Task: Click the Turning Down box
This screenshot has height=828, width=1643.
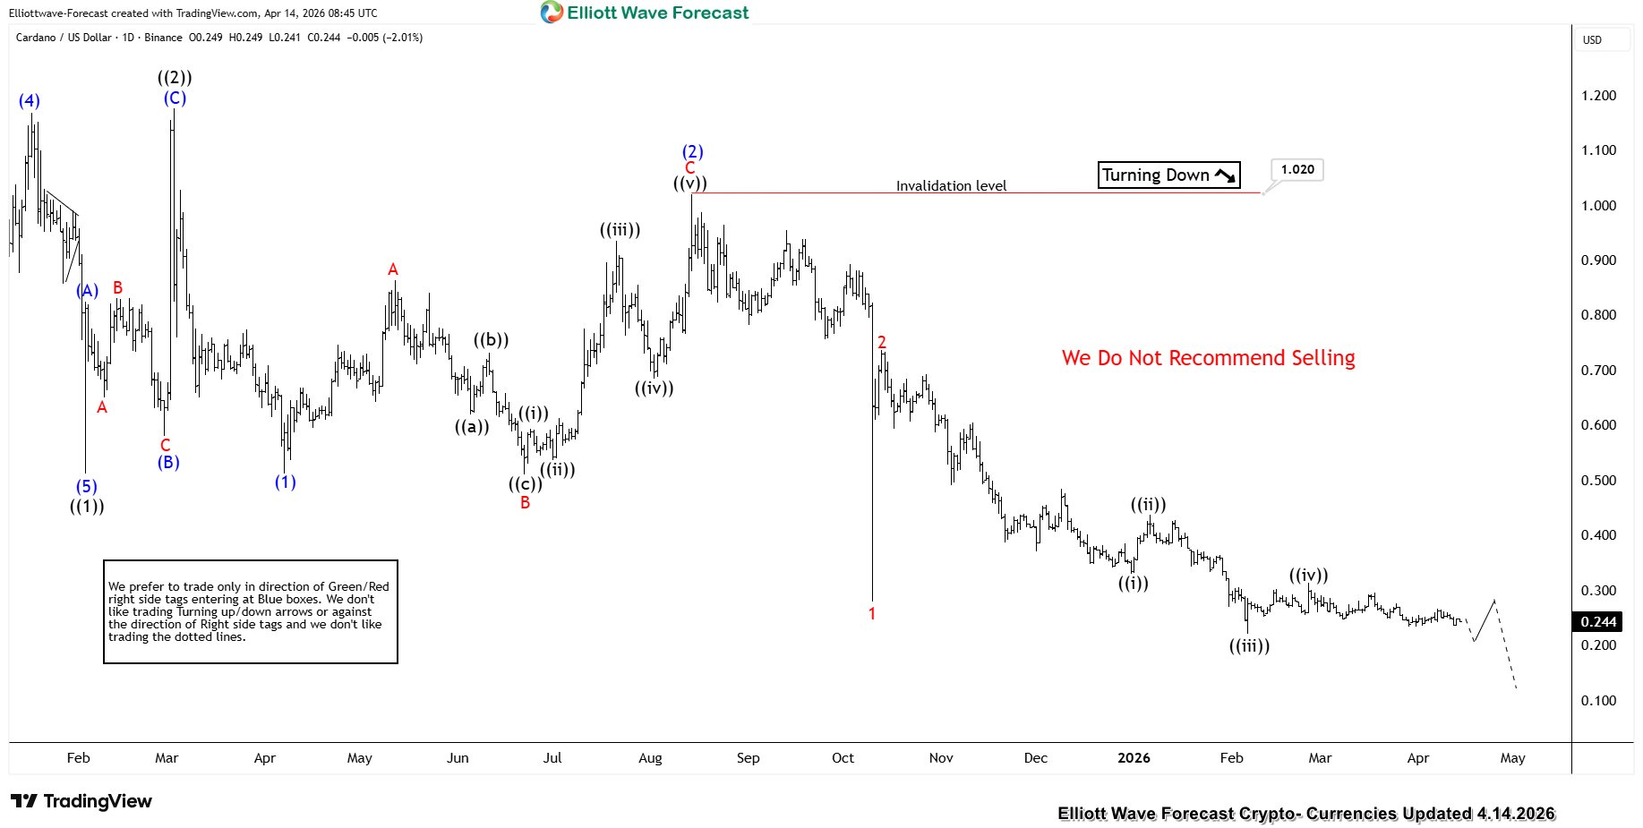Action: coord(1168,175)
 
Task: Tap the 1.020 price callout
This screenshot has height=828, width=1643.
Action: coord(1296,169)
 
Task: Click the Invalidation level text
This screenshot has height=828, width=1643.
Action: coord(951,186)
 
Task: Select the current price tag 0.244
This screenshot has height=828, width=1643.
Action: coord(1598,621)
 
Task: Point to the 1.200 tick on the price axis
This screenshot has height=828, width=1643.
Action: coord(1598,96)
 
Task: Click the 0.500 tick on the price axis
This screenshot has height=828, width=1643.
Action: coord(1598,481)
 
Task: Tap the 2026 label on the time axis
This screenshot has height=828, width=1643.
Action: coord(1134,758)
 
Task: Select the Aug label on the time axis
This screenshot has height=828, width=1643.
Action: coord(650,758)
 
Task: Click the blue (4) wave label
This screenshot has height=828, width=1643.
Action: coord(30,101)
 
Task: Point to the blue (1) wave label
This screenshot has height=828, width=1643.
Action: coord(285,482)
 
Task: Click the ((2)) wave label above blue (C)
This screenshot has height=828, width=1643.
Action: coord(175,78)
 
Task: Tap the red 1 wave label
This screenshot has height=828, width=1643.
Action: coord(872,614)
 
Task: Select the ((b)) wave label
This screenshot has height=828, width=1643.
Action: coord(492,340)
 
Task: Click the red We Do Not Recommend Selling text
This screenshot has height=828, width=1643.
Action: coord(1208,358)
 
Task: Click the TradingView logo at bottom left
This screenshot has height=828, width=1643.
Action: coord(81,801)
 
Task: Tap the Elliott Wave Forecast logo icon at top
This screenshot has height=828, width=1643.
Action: coord(552,13)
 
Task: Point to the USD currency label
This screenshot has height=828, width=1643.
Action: coord(1592,39)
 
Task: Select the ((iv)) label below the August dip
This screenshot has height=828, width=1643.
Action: coord(654,388)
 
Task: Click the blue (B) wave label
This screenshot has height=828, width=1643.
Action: coord(168,463)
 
